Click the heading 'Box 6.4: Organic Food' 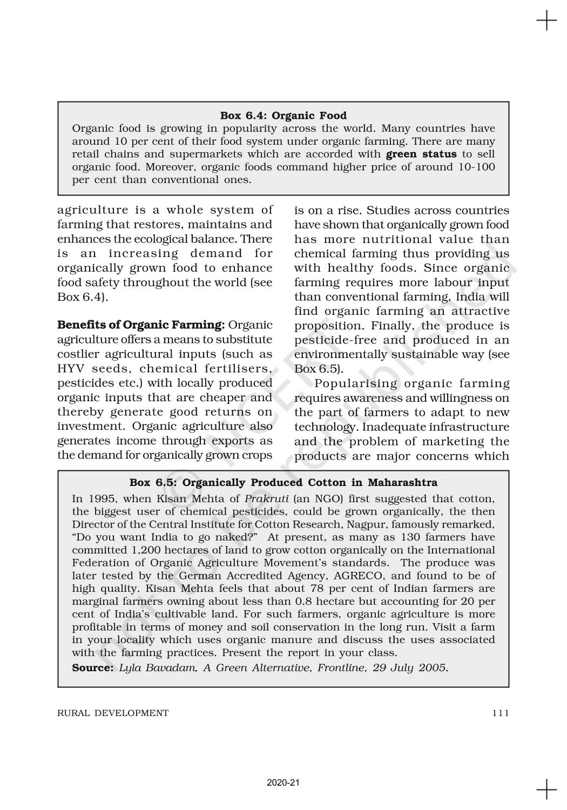click(283, 116)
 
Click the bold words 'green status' click(421, 154)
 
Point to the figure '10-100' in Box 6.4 click(475, 167)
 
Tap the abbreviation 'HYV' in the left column click(71, 369)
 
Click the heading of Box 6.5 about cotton click(283, 482)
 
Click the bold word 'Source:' click(92, 668)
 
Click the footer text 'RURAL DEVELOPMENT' click(113, 713)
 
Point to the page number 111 click(500, 713)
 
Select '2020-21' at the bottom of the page click(283, 782)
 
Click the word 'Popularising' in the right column click(355, 384)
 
